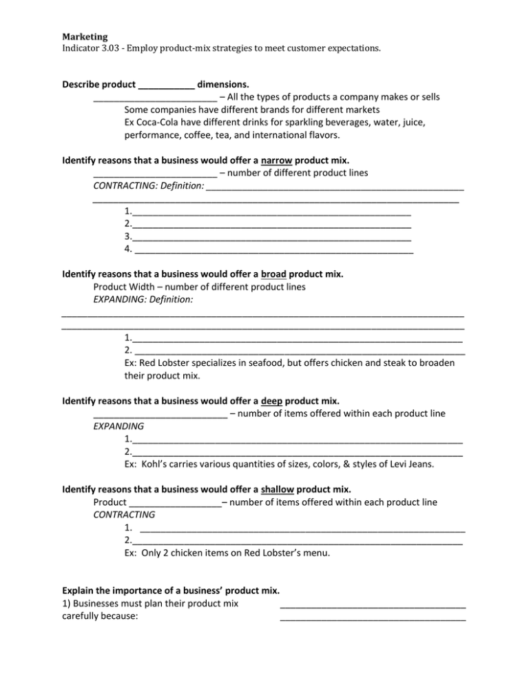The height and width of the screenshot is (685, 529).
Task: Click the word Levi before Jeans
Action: coord(397,464)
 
